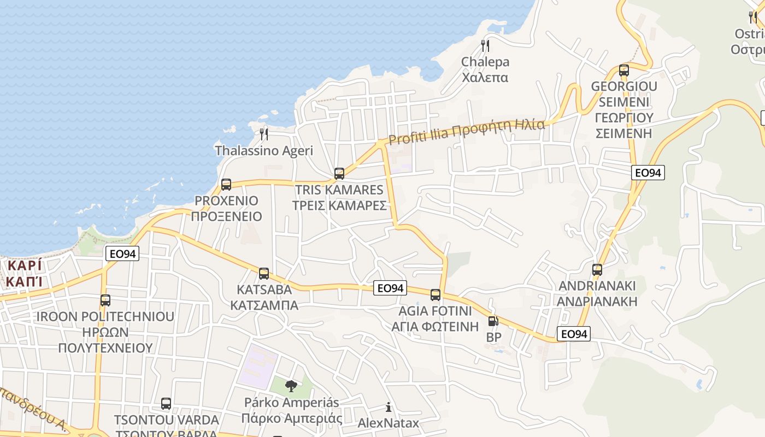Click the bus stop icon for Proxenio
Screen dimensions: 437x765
(x=226, y=184)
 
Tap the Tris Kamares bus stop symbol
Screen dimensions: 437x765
(x=339, y=174)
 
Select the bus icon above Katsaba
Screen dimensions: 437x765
(x=264, y=273)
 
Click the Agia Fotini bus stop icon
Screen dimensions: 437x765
(x=436, y=295)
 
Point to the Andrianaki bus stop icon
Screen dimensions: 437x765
(x=597, y=269)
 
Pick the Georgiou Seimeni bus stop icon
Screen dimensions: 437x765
(x=624, y=70)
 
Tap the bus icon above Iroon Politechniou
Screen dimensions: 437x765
(x=105, y=300)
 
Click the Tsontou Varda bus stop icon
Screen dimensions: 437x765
(x=166, y=404)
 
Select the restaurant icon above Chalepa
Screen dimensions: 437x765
(x=485, y=45)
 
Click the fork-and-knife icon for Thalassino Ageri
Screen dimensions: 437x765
(x=264, y=134)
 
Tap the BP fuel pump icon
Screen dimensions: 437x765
(x=493, y=321)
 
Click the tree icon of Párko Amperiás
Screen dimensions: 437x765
(x=291, y=386)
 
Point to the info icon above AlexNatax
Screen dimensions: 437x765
(x=389, y=407)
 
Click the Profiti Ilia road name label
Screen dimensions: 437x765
(x=467, y=132)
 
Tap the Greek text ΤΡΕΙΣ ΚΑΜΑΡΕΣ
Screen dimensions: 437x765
(x=339, y=205)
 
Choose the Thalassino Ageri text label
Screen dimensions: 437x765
(x=264, y=150)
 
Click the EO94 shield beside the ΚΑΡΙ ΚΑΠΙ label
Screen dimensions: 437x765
(x=122, y=253)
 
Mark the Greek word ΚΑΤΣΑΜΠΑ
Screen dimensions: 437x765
(x=264, y=305)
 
